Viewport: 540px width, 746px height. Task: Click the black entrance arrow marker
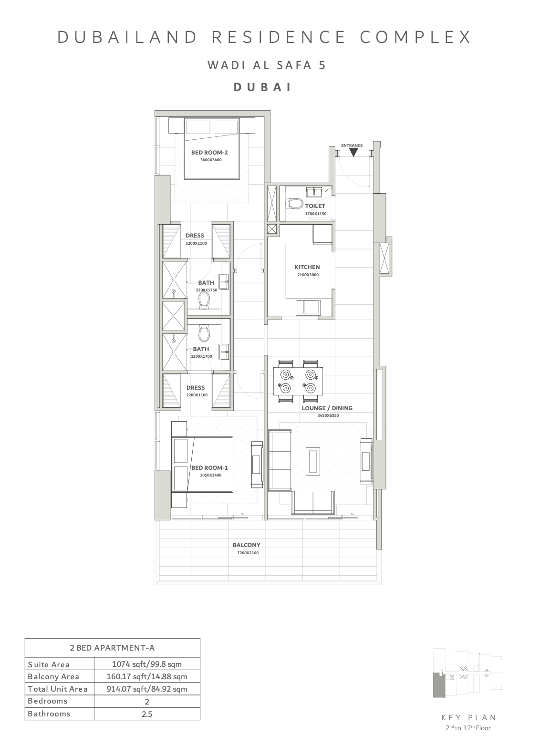[x=353, y=152]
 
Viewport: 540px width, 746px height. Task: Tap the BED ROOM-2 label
[x=209, y=153]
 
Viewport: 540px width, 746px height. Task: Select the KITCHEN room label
[x=307, y=267]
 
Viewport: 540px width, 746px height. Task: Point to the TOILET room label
[x=315, y=206]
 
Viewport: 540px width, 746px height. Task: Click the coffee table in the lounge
[x=313, y=461]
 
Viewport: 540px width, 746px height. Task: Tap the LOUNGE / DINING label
[x=327, y=408]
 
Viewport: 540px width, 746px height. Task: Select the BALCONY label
[x=246, y=545]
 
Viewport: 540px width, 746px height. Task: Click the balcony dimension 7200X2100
[x=248, y=553]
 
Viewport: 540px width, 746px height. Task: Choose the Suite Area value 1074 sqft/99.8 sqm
[x=146, y=664]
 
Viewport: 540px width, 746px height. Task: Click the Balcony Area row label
[x=53, y=676]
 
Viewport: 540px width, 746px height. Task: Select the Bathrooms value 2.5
[x=146, y=714]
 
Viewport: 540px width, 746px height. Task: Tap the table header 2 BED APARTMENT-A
[x=112, y=648]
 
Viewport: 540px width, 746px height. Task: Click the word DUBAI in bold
[x=263, y=87]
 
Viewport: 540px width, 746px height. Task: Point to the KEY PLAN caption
[x=469, y=717]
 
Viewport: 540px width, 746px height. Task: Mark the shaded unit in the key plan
[x=437, y=685]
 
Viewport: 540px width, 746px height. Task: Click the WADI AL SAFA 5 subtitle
[x=267, y=65]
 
